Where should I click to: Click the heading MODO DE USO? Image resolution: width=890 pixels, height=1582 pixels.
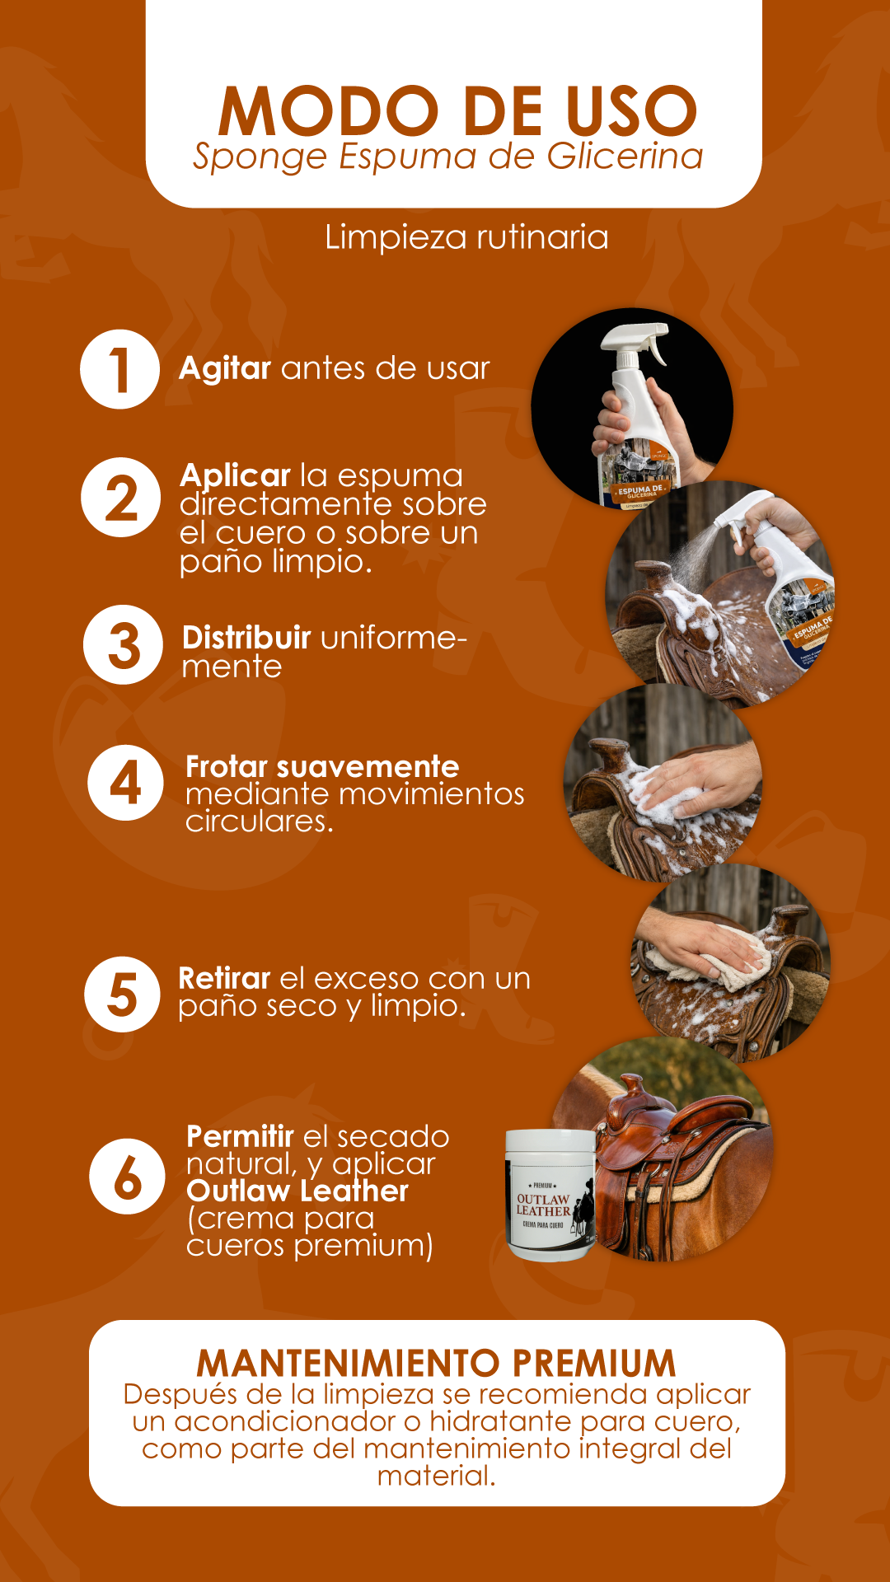(x=458, y=111)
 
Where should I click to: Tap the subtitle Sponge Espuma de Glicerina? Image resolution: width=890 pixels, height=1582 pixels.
(x=447, y=157)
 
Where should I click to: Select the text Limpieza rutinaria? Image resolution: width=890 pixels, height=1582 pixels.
(x=466, y=237)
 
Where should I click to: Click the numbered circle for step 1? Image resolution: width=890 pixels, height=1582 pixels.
(x=119, y=369)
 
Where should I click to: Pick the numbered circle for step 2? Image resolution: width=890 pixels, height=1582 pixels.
(x=120, y=498)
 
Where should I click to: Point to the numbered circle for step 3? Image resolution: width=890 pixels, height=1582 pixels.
(x=123, y=645)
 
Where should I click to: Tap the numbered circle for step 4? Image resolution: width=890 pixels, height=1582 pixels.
(x=126, y=783)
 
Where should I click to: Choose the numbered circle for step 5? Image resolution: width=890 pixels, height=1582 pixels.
(x=123, y=995)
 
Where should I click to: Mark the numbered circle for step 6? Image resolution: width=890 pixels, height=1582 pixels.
(x=128, y=1177)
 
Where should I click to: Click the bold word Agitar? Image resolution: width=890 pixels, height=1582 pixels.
(x=225, y=368)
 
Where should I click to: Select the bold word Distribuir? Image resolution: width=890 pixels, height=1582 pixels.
(x=246, y=638)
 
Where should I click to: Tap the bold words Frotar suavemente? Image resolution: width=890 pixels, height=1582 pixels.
(x=322, y=766)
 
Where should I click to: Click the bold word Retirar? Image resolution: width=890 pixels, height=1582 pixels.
(x=224, y=978)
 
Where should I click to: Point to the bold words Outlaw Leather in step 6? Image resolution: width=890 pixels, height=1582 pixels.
(x=297, y=1191)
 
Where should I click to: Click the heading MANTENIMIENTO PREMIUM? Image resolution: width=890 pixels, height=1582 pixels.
(x=436, y=1364)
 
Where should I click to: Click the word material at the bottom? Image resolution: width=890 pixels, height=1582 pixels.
(x=437, y=1476)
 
